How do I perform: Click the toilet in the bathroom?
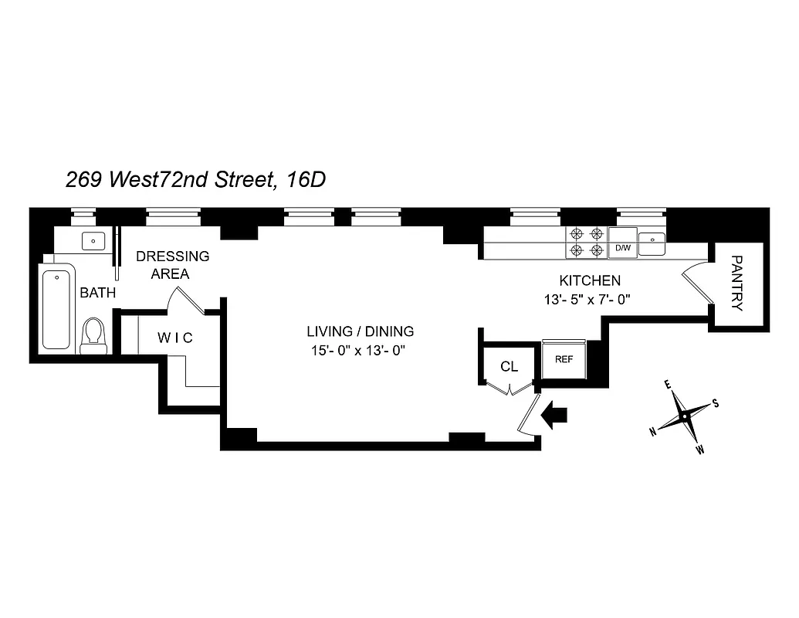93,334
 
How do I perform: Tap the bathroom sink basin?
93,241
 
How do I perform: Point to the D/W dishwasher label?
622,249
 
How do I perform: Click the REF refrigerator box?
564,358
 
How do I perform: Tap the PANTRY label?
736,282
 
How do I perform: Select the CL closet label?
509,366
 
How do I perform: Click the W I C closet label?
174,338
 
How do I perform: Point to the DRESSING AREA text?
172,264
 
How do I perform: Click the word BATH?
97,293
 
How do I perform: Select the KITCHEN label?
589,280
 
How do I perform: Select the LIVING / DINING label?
361,331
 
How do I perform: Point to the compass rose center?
684,416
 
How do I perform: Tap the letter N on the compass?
653,432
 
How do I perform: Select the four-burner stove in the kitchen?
586,241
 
